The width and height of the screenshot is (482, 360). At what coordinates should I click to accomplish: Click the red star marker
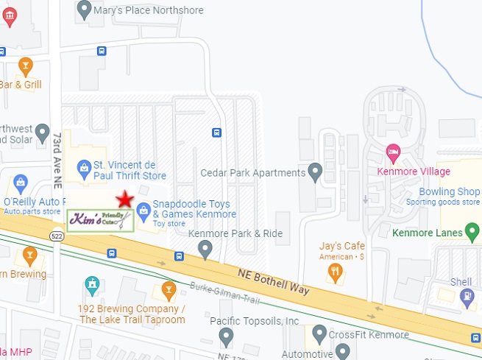coord(124,199)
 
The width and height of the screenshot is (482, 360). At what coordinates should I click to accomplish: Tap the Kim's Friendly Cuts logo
coord(101,219)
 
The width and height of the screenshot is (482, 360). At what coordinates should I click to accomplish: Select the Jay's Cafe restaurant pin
coord(336,273)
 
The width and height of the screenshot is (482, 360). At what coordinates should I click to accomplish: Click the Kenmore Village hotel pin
coord(394,154)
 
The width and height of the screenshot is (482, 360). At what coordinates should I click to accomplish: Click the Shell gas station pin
coord(467,296)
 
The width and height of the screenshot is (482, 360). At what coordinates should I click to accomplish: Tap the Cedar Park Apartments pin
coord(316,173)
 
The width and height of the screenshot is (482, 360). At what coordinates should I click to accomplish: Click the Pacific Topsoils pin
coord(226,337)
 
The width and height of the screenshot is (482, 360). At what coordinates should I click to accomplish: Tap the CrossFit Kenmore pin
coord(319,334)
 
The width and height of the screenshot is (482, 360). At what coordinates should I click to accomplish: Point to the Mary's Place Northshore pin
coord(84,10)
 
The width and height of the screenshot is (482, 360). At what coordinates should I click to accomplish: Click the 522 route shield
coord(57,236)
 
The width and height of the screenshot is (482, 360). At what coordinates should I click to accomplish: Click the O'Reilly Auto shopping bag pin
coord(20,182)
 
